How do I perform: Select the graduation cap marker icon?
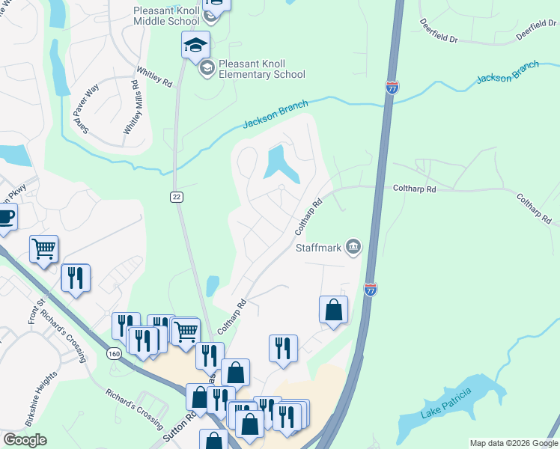(195, 46)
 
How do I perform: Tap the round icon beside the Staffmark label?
(353, 246)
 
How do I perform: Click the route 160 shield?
(114, 353)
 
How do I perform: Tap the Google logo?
(25, 440)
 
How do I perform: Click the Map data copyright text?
(514, 443)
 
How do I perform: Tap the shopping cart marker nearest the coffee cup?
(43, 248)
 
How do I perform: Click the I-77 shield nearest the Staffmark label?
(370, 288)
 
